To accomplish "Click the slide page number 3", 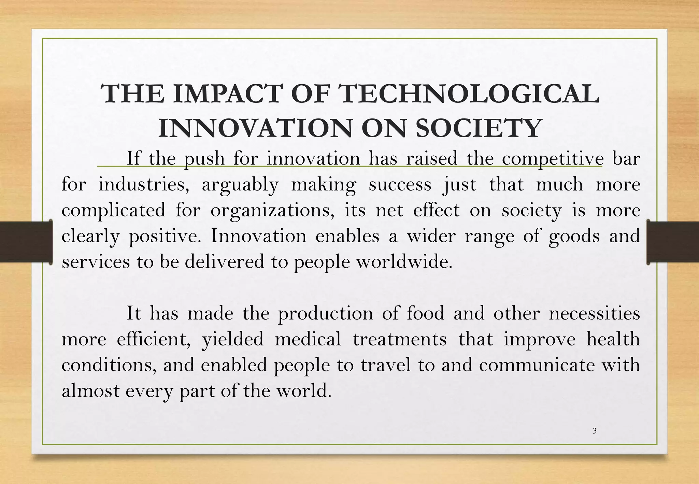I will coord(594,431).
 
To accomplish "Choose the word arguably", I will coord(240,185).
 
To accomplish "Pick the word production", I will coord(326,313).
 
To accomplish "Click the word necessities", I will coord(594,313).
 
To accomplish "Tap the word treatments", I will coord(400,339).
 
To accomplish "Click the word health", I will coord(613,339).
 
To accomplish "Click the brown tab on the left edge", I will coord(26,242).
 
